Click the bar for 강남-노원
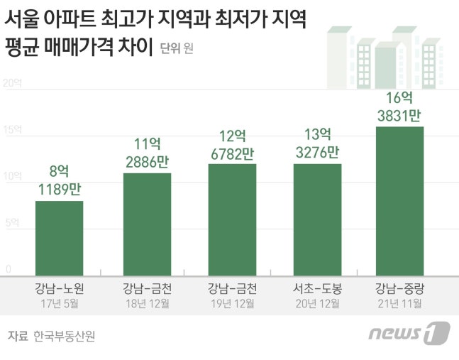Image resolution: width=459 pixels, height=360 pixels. [x=60, y=238]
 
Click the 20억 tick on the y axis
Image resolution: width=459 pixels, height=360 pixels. [x=13, y=83]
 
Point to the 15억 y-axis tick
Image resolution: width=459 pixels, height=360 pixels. [x=13, y=130]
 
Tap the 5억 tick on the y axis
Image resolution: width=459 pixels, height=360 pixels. [x=13, y=223]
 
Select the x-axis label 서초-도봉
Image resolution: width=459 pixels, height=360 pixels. [x=317, y=289]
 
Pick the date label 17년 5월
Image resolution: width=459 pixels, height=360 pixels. [x=60, y=304]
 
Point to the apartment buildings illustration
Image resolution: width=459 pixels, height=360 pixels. [x=383, y=57]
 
